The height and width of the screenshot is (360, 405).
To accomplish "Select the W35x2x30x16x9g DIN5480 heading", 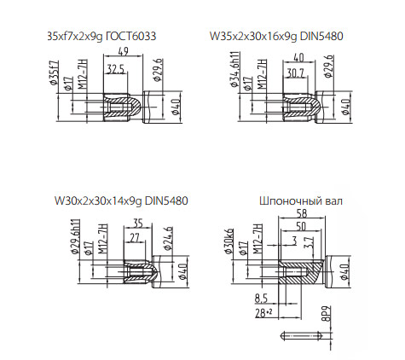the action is click(276, 37).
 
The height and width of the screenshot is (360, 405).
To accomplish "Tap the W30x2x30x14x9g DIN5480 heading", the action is click(121, 200).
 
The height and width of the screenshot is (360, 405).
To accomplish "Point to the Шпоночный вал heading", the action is click(301, 200).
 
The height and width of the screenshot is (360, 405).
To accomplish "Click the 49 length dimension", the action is click(123, 51).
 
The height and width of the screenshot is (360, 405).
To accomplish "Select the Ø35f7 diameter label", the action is click(54, 73).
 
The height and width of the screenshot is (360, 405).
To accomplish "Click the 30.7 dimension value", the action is click(296, 73).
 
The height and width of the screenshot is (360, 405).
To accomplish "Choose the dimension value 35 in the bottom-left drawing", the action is click(137, 224).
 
